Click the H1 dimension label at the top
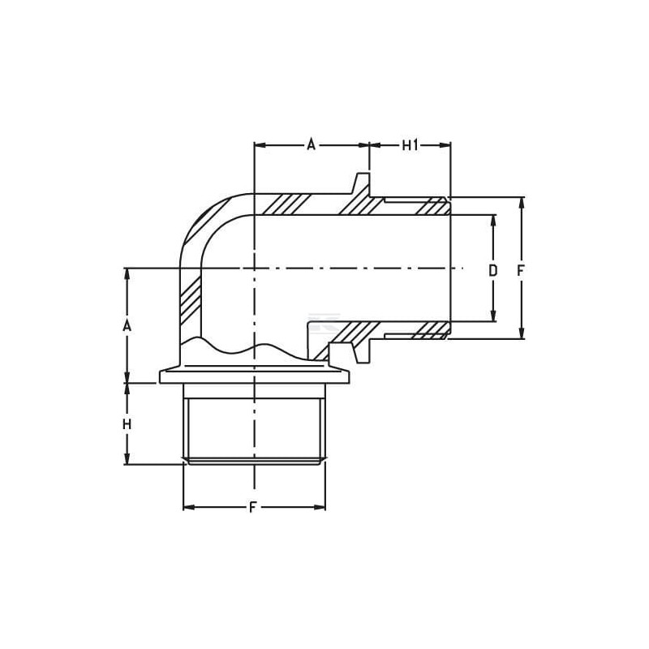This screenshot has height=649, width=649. point(410,145)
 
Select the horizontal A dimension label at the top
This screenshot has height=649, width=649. point(311,145)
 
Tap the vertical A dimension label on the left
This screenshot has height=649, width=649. point(127,326)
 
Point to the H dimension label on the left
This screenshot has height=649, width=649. point(127,424)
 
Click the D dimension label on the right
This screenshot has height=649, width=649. point(492,271)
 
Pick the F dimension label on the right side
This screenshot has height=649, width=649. point(521,271)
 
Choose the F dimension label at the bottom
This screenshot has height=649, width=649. point(253,508)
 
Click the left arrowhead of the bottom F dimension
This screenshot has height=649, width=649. point(189,508)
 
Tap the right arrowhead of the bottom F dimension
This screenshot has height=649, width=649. point(320,508)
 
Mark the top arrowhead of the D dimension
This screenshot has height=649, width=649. point(493,221)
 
